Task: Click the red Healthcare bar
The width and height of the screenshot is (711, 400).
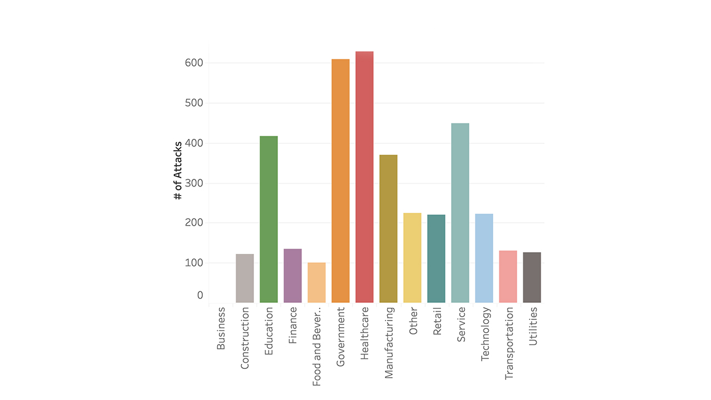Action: click(364, 177)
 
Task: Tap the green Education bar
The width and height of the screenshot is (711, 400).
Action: click(269, 219)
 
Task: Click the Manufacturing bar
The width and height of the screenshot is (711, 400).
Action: click(388, 229)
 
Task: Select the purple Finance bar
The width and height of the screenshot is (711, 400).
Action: click(293, 276)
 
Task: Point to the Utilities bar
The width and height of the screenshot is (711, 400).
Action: click(532, 277)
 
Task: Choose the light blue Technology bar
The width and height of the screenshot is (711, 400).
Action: click(484, 258)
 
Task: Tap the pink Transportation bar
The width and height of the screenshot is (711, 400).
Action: click(508, 277)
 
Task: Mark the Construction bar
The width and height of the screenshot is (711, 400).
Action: click(245, 278)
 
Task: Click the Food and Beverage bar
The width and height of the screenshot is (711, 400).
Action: click(317, 283)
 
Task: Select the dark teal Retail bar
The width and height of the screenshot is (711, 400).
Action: click(436, 259)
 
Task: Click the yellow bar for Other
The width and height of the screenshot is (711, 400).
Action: click(412, 258)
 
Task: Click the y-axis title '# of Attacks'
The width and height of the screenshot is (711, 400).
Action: click(178, 171)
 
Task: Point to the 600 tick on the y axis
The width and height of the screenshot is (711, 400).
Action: click(194, 63)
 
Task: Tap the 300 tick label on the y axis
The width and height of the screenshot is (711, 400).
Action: click(194, 183)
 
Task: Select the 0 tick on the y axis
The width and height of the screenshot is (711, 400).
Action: click(200, 296)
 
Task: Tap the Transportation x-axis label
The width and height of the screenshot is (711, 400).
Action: click(508, 344)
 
